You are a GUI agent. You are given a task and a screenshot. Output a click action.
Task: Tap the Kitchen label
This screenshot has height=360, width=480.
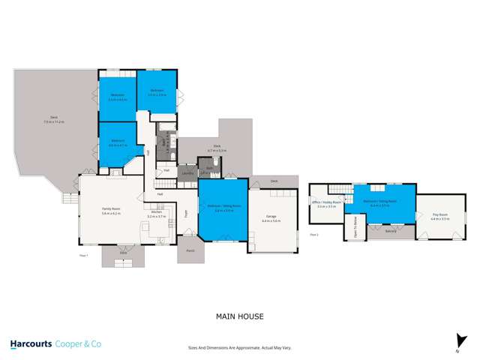[156, 214]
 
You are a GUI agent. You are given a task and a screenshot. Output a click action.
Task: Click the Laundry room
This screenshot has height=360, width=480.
[187, 174]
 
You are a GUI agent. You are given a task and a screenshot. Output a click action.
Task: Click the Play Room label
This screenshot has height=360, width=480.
[439, 217]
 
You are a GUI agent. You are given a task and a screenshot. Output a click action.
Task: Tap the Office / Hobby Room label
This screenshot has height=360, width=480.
[327, 204]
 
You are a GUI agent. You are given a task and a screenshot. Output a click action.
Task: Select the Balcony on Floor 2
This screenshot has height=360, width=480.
[390, 231]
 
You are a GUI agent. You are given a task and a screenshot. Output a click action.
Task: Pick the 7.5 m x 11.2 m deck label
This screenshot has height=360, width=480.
[52, 120]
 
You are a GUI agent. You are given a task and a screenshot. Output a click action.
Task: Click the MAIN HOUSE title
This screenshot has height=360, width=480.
[239, 316]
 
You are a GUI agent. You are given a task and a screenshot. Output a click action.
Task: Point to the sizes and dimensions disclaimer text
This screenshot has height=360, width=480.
[239, 348]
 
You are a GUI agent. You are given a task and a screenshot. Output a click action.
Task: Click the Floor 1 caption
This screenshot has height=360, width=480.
[83, 256]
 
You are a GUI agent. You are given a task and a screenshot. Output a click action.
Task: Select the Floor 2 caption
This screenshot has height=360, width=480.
[313, 235]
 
